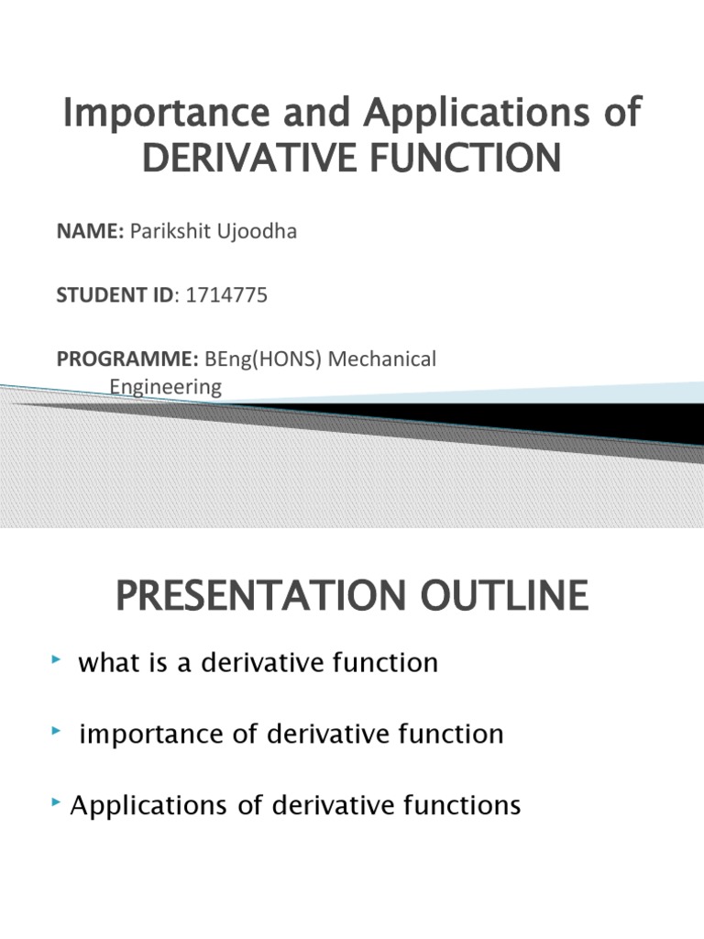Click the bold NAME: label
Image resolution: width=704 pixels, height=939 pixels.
[90, 232]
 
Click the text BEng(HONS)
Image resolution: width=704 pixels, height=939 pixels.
[264, 359]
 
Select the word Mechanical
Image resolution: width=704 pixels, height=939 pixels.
[382, 359]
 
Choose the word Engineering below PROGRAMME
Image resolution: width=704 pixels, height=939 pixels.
[166, 387]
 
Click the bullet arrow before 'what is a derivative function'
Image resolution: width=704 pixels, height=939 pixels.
[59, 659]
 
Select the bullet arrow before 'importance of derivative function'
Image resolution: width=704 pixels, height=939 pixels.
[59, 730]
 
